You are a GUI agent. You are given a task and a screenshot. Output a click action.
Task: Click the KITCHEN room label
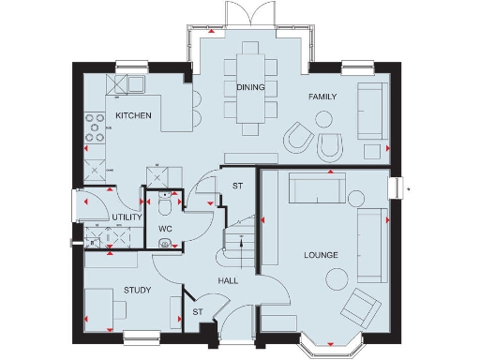[x=133, y=114]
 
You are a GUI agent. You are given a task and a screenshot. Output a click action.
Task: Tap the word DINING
[x=250, y=87]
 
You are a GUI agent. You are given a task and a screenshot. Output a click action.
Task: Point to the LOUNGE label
[x=321, y=255]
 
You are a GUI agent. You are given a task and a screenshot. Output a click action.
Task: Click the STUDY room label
[x=138, y=290]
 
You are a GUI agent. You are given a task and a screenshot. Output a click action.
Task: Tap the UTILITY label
[x=127, y=217]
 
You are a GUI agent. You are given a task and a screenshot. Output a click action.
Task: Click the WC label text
[x=165, y=229]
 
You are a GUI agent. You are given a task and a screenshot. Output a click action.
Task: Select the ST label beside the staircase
[x=237, y=187]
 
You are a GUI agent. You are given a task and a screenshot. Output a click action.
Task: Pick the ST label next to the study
[x=198, y=311]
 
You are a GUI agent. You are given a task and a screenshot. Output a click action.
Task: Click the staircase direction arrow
[x=242, y=246]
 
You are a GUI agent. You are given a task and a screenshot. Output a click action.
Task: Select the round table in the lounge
[x=336, y=277]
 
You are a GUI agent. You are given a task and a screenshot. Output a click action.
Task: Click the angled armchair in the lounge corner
[x=361, y=307]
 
